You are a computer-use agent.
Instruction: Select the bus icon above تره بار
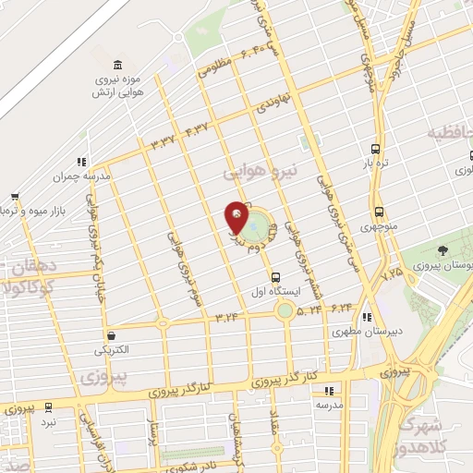pyautogui.click(x=375, y=149)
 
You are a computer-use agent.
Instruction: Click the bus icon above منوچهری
pyautogui.click(x=379, y=212)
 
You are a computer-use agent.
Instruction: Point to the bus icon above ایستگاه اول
pyautogui.click(x=275, y=277)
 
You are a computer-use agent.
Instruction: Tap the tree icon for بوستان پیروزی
pyautogui.click(x=443, y=250)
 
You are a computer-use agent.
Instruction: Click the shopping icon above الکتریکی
pyautogui.click(x=112, y=336)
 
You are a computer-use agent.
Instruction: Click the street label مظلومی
pyautogui.click(x=212, y=67)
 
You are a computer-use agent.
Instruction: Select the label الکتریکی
pyautogui.click(x=113, y=351)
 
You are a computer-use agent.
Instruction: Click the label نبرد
pyautogui.click(x=47, y=421)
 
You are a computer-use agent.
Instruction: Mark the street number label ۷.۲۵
pyautogui.click(x=392, y=273)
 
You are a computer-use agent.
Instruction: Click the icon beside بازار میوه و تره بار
pyautogui.click(x=15, y=197)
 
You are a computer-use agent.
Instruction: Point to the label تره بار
pyautogui.click(x=375, y=163)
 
